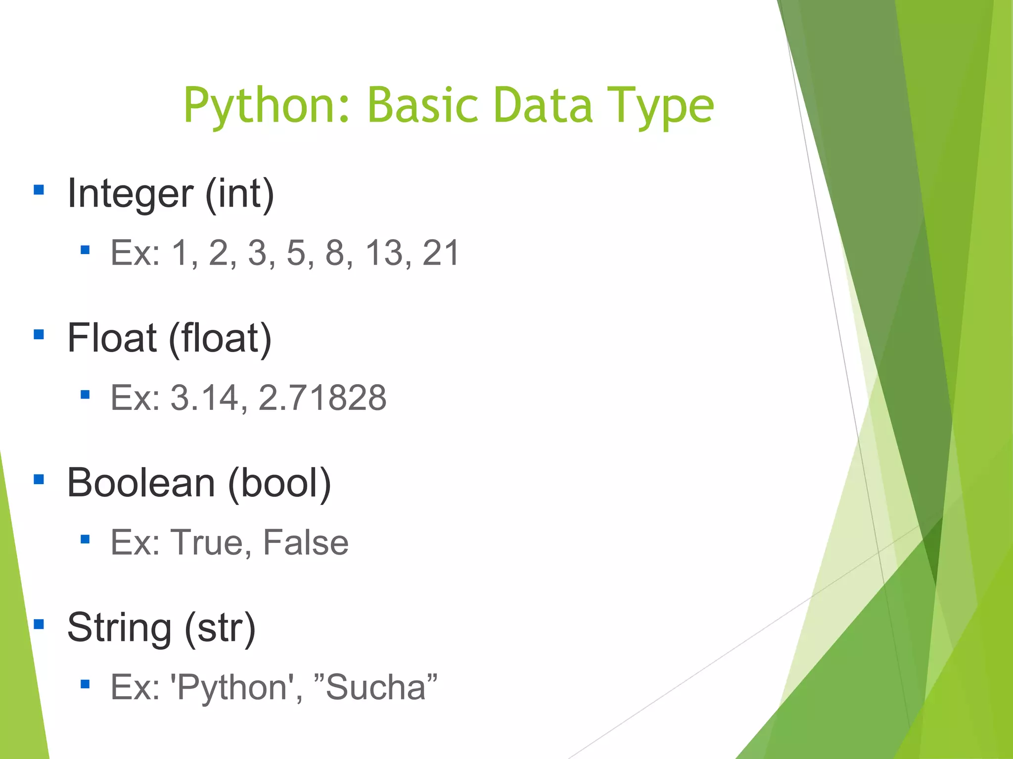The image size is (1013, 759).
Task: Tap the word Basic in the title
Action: click(423, 105)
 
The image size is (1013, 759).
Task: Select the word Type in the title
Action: click(660, 105)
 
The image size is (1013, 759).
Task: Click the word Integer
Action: click(130, 193)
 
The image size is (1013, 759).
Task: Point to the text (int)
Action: click(239, 193)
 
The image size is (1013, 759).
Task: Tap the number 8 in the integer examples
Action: click(335, 253)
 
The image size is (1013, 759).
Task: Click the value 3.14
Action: click(205, 397)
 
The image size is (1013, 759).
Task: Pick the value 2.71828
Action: click(322, 397)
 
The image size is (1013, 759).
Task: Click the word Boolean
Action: click(141, 483)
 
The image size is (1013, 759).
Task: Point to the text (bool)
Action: click(279, 483)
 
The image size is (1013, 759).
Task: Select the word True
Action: click(207, 542)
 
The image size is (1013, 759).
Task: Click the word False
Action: click(306, 542)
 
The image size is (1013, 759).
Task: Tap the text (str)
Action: click(220, 627)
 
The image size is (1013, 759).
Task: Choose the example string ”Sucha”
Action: click(376, 687)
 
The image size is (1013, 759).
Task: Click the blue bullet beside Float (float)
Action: click(39, 335)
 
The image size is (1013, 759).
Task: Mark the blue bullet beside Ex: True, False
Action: click(85, 539)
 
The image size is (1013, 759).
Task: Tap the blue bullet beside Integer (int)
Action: click(39, 190)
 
